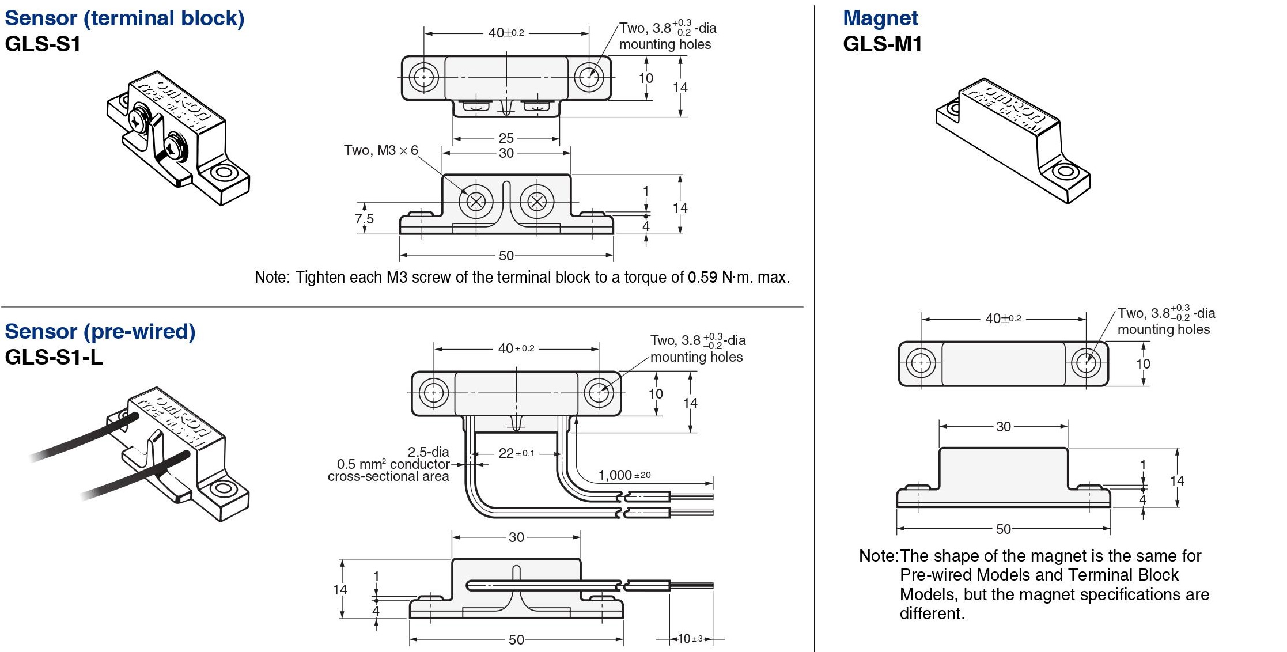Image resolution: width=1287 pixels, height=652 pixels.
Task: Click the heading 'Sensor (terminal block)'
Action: (124, 18)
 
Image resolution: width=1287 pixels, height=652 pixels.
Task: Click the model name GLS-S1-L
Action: (54, 357)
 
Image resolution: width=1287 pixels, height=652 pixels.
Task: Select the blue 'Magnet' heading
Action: (880, 18)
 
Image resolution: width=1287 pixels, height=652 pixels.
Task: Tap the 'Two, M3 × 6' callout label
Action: (380, 150)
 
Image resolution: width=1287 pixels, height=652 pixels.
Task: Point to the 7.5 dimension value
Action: (364, 219)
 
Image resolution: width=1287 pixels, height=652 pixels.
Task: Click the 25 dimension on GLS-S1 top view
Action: (506, 138)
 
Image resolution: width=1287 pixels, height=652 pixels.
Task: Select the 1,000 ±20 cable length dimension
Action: (624, 475)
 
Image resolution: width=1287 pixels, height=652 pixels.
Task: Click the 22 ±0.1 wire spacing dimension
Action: (516, 453)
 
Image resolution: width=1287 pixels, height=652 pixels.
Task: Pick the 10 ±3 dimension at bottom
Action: (690, 639)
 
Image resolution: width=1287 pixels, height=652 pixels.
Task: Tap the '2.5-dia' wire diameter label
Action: (428, 452)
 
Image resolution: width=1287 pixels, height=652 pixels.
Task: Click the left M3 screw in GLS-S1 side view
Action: (476, 202)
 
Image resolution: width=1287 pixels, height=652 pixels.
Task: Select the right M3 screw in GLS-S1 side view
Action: (537, 202)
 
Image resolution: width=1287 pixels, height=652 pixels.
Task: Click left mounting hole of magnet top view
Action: (921, 363)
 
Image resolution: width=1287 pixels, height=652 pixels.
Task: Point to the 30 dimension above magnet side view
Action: (1003, 427)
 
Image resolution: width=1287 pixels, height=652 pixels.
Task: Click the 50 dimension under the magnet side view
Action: (1003, 529)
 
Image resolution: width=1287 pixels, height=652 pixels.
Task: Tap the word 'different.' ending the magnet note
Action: (932, 613)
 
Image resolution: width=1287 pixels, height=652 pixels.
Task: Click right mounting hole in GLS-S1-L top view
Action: (599, 393)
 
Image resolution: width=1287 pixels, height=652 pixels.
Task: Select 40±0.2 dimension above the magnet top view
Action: (1003, 319)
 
